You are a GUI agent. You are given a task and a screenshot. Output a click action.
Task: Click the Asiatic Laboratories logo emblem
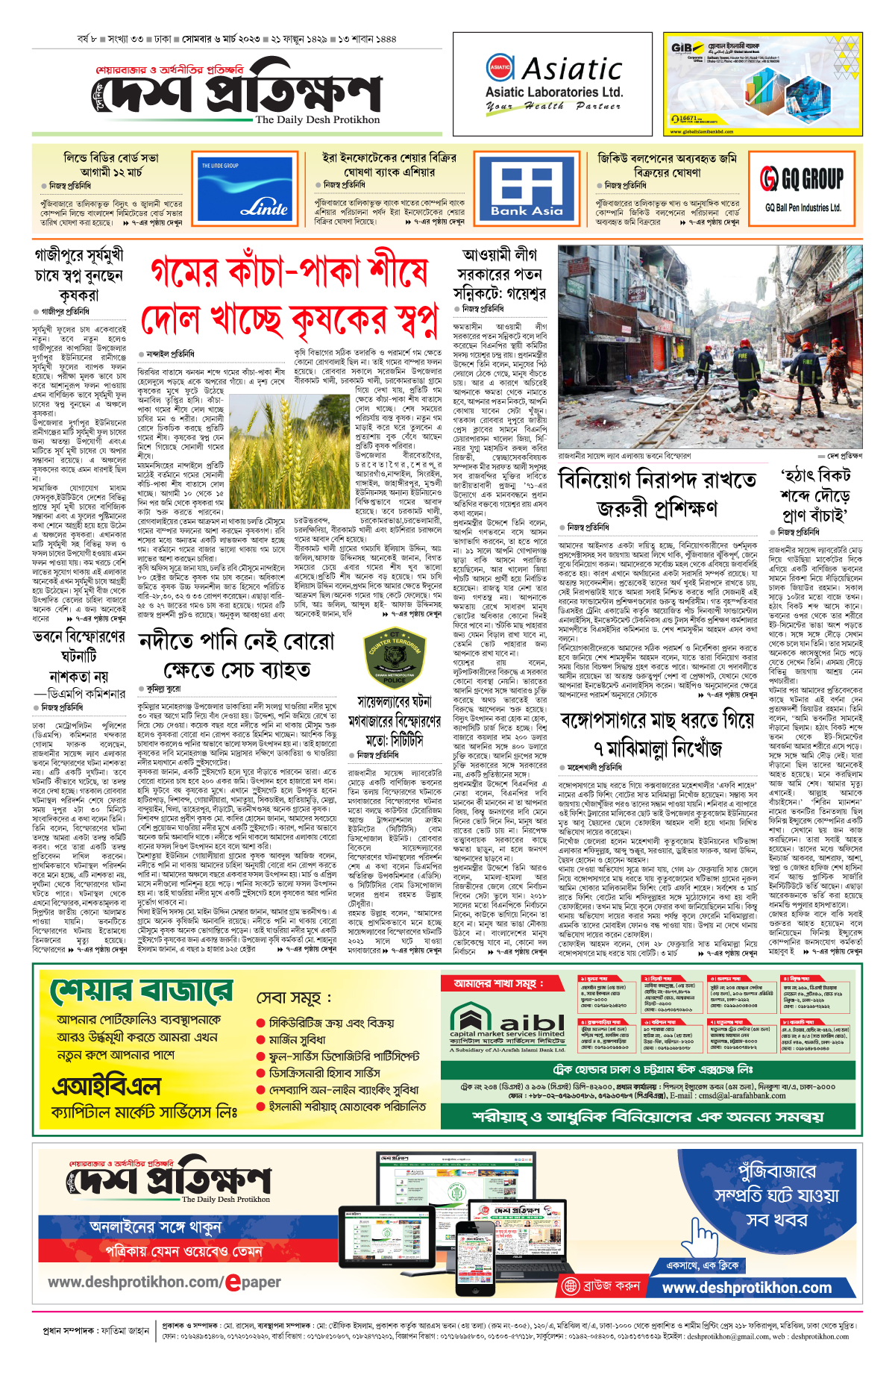500,67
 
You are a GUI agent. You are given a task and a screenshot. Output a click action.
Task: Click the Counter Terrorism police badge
395,657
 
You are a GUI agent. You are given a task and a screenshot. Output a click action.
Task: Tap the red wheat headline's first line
289,272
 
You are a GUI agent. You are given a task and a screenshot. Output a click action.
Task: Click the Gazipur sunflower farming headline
78,275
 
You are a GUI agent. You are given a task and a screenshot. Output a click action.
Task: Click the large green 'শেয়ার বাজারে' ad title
142,992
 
